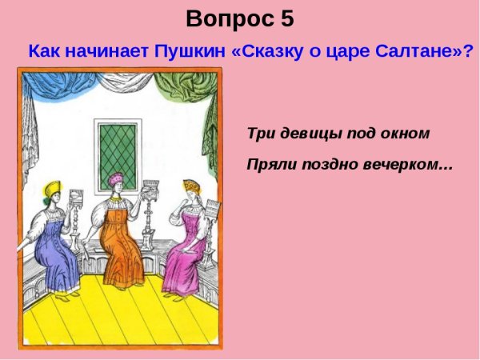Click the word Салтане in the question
click(x=413, y=51)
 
